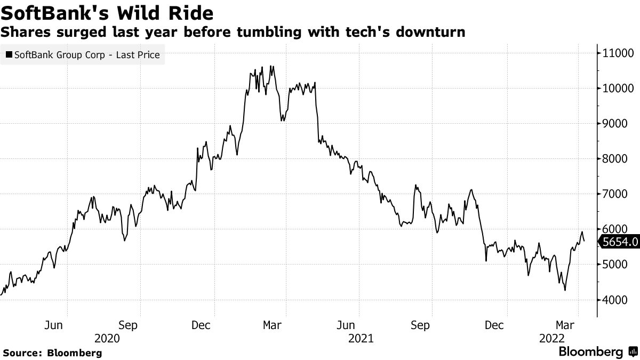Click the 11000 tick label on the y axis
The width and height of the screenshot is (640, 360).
pos(618,53)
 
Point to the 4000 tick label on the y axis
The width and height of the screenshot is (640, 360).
pos(615,300)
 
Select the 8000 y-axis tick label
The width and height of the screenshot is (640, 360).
pos(615,159)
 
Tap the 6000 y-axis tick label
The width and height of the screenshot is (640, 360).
pos(615,229)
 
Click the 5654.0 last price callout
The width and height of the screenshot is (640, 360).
pos(619,242)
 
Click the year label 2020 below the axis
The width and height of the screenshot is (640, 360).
pos(107,338)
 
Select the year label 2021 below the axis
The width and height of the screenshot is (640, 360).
pos(360,338)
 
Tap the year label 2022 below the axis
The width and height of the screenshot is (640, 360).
pos(552,338)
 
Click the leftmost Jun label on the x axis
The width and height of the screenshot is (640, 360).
pos(54,325)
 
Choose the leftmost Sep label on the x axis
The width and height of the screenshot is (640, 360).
pos(127,325)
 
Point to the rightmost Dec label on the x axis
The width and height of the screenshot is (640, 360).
pos(494,325)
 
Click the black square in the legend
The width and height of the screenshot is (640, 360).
pos(8,54)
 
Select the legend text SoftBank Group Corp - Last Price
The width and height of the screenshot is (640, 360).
pos(87,54)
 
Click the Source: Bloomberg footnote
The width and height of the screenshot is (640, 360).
pos(52,353)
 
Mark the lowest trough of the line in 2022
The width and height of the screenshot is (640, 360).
pos(564,291)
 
